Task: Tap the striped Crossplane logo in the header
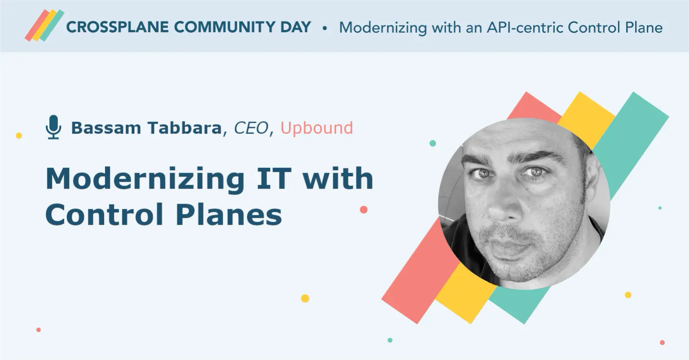pyautogui.click(x=44, y=25)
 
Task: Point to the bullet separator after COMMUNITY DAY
pyautogui.click(x=325, y=28)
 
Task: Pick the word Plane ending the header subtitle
pyautogui.click(x=643, y=28)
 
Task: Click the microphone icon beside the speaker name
pyautogui.click(x=53, y=127)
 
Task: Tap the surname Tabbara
pyautogui.click(x=184, y=128)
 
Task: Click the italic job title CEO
pyautogui.click(x=251, y=128)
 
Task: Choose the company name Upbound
pyautogui.click(x=317, y=128)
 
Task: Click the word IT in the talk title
pyautogui.click(x=273, y=179)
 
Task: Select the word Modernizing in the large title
pyautogui.click(x=145, y=179)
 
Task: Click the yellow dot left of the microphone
pyautogui.click(x=19, y=136)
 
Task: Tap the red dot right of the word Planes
pyautogui.click(x=363, y=210)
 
